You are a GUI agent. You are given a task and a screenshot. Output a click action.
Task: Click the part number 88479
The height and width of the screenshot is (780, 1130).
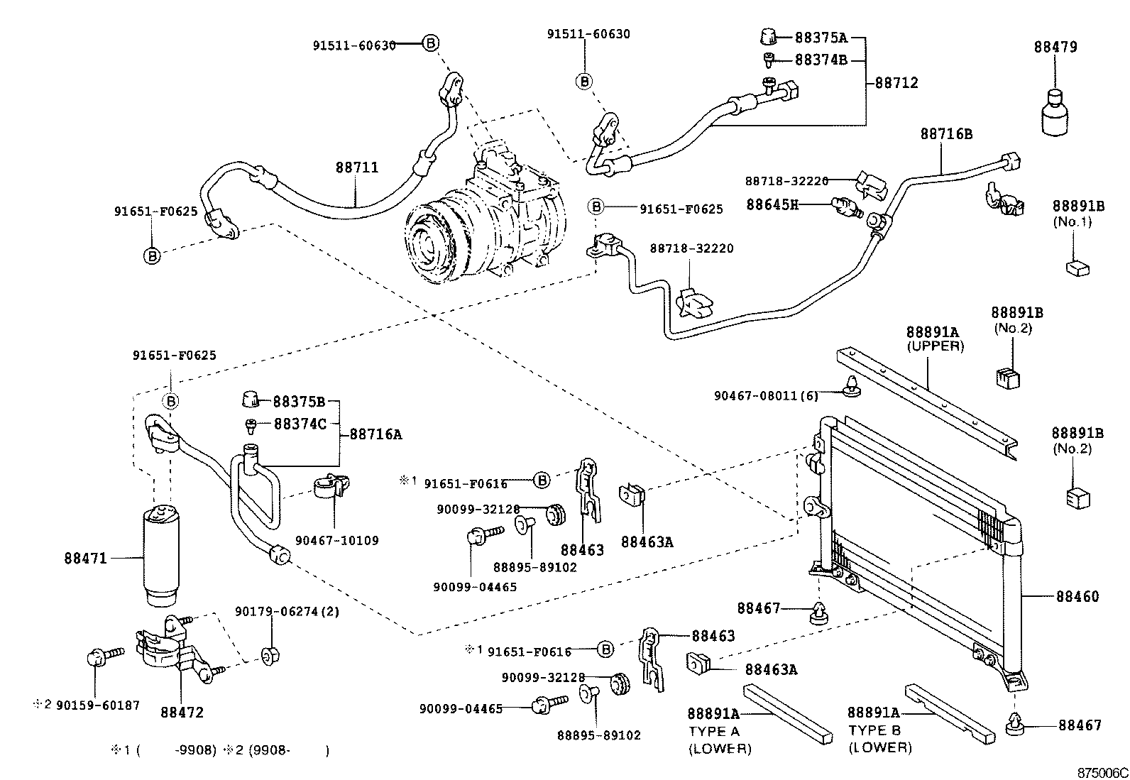[1055, 47]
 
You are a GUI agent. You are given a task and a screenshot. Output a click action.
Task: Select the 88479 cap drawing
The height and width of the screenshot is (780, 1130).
[1056, 112]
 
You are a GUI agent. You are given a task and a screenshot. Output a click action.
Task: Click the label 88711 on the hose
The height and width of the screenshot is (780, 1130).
[357, 168]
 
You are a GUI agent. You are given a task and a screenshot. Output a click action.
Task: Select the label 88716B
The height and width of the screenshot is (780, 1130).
[946, 133]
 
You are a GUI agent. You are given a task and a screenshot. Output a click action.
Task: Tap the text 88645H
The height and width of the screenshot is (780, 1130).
[772, 204]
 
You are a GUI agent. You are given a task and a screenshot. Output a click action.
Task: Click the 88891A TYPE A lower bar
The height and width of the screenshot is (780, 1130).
[786, 713]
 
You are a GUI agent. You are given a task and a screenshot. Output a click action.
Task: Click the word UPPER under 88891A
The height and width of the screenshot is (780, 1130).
[935, 346]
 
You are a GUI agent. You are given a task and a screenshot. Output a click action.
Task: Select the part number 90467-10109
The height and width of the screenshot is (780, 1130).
[337, 540]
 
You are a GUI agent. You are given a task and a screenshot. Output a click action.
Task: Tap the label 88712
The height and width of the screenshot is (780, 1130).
[896, 83]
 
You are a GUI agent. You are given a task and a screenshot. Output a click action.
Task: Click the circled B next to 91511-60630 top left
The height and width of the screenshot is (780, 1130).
[431, 43]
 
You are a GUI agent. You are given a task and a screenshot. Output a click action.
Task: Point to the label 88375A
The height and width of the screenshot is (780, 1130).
[821, 38]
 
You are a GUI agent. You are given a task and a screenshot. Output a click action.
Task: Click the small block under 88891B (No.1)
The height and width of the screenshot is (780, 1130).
[1078, 268]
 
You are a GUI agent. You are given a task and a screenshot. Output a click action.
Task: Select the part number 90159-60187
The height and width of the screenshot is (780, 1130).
[98, 705]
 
